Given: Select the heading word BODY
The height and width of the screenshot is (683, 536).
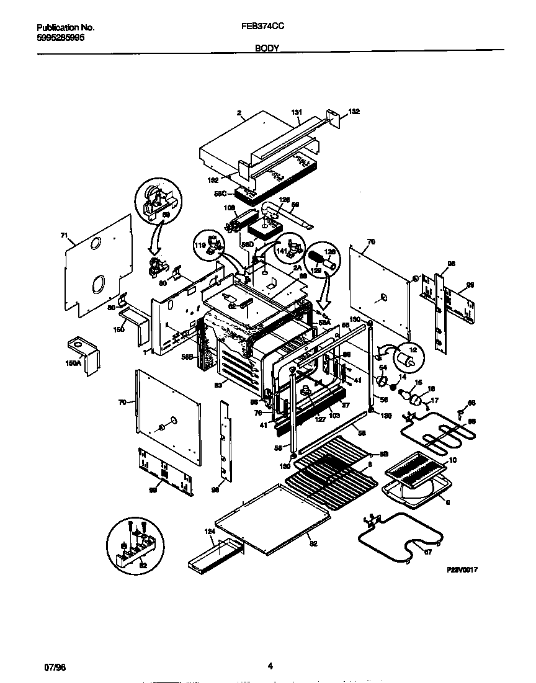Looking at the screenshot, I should [x=267, y=48].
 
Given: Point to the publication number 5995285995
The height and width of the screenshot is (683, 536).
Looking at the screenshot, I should [x=61, y=37].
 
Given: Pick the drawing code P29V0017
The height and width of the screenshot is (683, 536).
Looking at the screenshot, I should [x=463, y=569].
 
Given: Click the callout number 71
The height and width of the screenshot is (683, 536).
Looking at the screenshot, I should [x=63, y=236].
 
